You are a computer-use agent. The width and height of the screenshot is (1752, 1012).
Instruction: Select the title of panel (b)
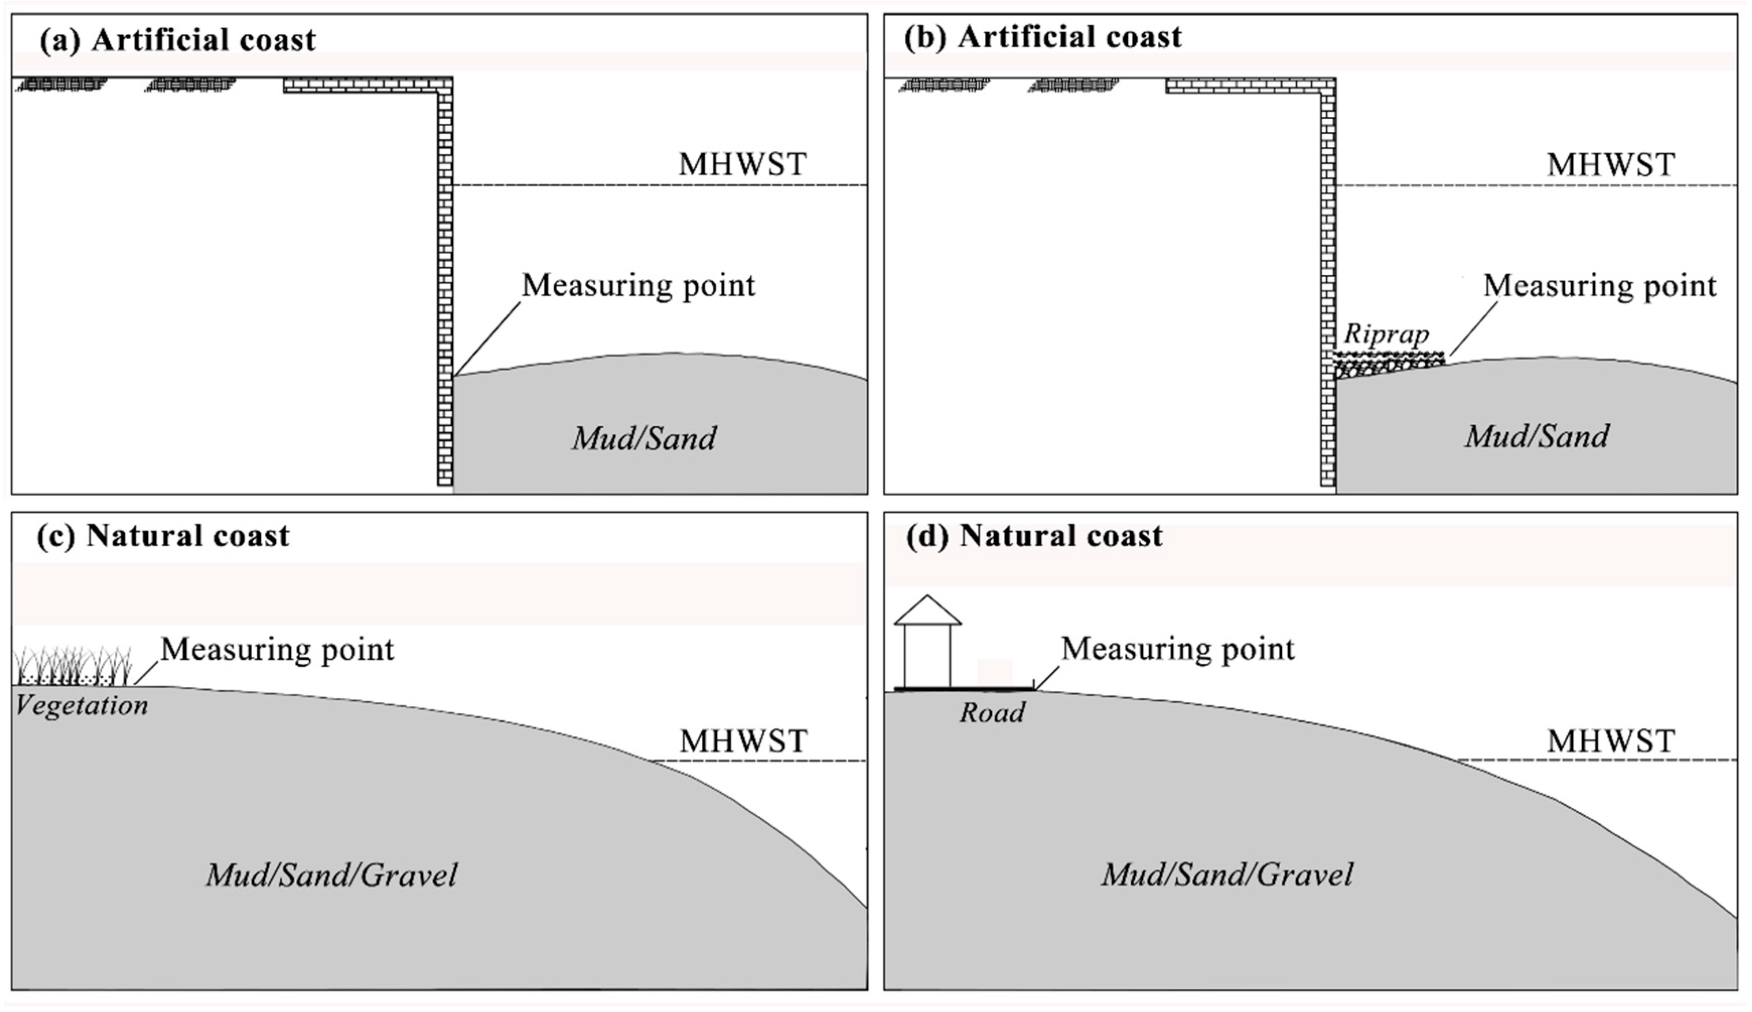[1043, 37]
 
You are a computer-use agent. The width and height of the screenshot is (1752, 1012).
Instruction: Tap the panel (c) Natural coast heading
[164, 536]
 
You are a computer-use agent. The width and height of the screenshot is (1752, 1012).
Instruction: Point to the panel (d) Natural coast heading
[1035, 536]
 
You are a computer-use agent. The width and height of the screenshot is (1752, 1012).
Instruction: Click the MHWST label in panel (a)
[743, 165]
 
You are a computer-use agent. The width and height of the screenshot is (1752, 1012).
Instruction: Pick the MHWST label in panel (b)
[1610, 165]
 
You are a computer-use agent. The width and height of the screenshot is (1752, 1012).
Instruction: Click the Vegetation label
[82, 706]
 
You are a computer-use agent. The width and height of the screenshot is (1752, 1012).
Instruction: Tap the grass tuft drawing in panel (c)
[73, 666]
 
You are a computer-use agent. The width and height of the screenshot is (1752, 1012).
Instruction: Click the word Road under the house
[992, 713]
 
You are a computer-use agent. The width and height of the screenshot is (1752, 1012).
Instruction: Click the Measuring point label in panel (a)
[638, 286]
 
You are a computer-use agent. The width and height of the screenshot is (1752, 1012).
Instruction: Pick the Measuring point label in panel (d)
[1178, 649]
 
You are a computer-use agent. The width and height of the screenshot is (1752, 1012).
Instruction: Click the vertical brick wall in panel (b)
[1328, 278]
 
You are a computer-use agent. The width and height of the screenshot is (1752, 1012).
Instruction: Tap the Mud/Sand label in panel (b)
[1537, 436]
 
